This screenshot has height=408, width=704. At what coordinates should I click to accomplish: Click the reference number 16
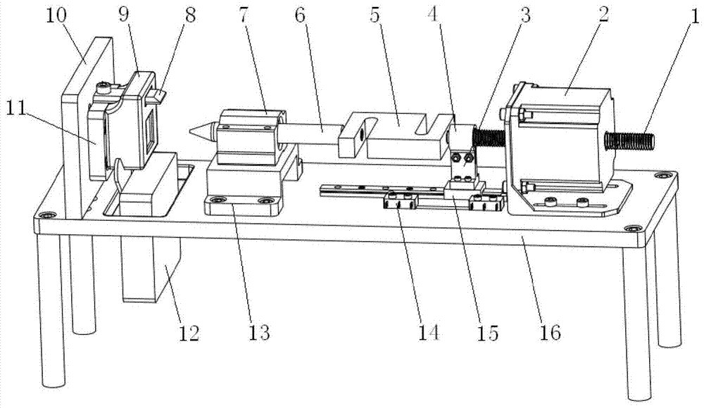(x=549, y=331)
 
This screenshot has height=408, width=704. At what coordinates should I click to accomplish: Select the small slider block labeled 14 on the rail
(x=400, y=205)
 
